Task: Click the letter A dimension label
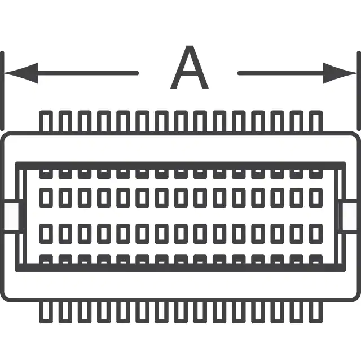click(x=190, y=70)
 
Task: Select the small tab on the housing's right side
click(x=347, y=215)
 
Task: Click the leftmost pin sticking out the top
click(x=46, y=121)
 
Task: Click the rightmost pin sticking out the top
click(x=316, y=121)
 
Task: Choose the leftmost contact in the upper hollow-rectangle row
click(x=46, y=197)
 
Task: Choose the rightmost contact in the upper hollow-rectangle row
click(x=316, y=197)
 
